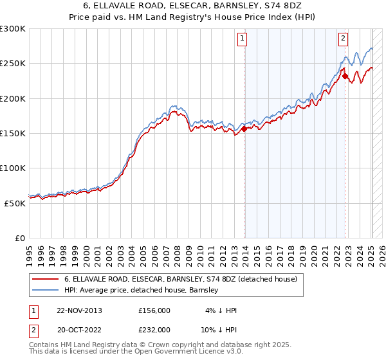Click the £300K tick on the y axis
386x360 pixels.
point(13,29)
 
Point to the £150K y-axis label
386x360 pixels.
point(13,133)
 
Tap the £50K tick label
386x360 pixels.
point(15,203)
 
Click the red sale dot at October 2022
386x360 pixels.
point(345,76)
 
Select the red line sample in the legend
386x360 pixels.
point(45,279)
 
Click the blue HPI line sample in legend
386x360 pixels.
point(45,291)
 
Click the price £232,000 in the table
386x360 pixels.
point(154,329)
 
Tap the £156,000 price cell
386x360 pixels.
point(154,310)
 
